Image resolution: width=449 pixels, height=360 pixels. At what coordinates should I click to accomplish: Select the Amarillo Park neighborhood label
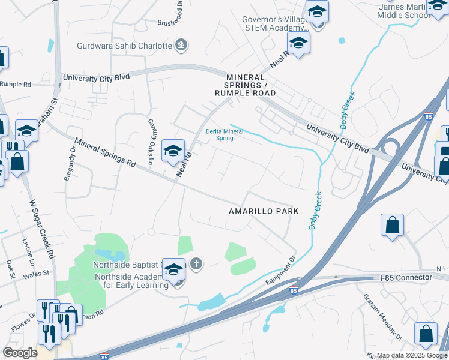pos(263,212)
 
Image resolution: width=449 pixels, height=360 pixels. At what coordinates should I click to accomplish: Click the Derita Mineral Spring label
pos(224,134)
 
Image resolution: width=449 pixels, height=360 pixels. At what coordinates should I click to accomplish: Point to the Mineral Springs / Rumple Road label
pos(246,85)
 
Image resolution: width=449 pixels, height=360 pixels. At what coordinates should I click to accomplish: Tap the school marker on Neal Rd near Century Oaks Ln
pos(173,151)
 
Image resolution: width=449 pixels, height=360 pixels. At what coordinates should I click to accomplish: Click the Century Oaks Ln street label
pos(151,141)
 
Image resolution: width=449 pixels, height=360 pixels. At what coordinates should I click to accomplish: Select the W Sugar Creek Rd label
pos(43,230)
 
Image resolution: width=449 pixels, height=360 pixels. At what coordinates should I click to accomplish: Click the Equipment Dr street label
pos(280,272)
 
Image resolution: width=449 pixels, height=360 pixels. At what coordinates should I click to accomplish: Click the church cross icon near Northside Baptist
pos(196,263)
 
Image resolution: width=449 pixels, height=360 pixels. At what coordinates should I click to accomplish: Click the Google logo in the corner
pos(20,353)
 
